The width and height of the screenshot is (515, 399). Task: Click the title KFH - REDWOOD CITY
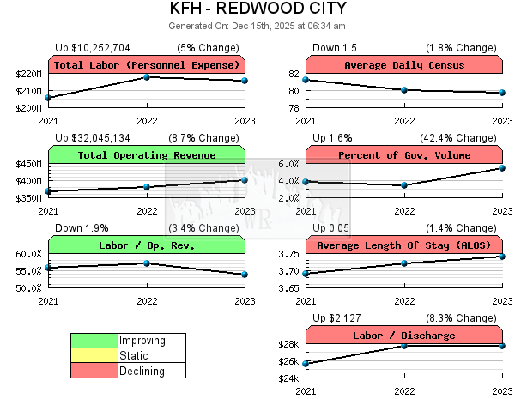click(x=257, y=9)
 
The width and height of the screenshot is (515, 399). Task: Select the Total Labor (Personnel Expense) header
click(x=146, y=65)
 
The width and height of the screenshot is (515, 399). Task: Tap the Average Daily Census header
click(x=403, y=65)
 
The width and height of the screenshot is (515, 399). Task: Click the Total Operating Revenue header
click(x=146, y=155)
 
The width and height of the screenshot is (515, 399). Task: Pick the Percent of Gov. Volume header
click(x=403, y=155)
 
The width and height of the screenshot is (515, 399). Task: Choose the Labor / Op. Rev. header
click(x=146, y=245)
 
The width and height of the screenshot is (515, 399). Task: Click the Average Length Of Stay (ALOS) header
click(x=403, y=245)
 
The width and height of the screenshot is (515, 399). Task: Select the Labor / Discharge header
click(x=403, y=336)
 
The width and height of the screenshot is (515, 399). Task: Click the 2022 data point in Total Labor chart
click(x=147, y=77)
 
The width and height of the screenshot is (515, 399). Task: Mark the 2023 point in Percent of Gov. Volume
click(x=502, y=168)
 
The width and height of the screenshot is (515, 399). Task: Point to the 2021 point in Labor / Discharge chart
click(x=306, y=364)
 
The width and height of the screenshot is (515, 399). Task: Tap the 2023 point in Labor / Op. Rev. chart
click(x=245, y=275)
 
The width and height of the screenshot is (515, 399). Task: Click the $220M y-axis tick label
click(x=28, y=74)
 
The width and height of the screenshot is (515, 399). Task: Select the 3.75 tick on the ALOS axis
click(x=288, y=254)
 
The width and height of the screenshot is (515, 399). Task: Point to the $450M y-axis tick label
click(x=28, y=164)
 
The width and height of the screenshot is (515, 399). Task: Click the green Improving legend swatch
click(x=94, y=341)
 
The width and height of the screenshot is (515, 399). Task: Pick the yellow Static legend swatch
click(x=94, y=356)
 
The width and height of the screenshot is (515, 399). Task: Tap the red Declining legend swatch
click(x=94, y=372)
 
